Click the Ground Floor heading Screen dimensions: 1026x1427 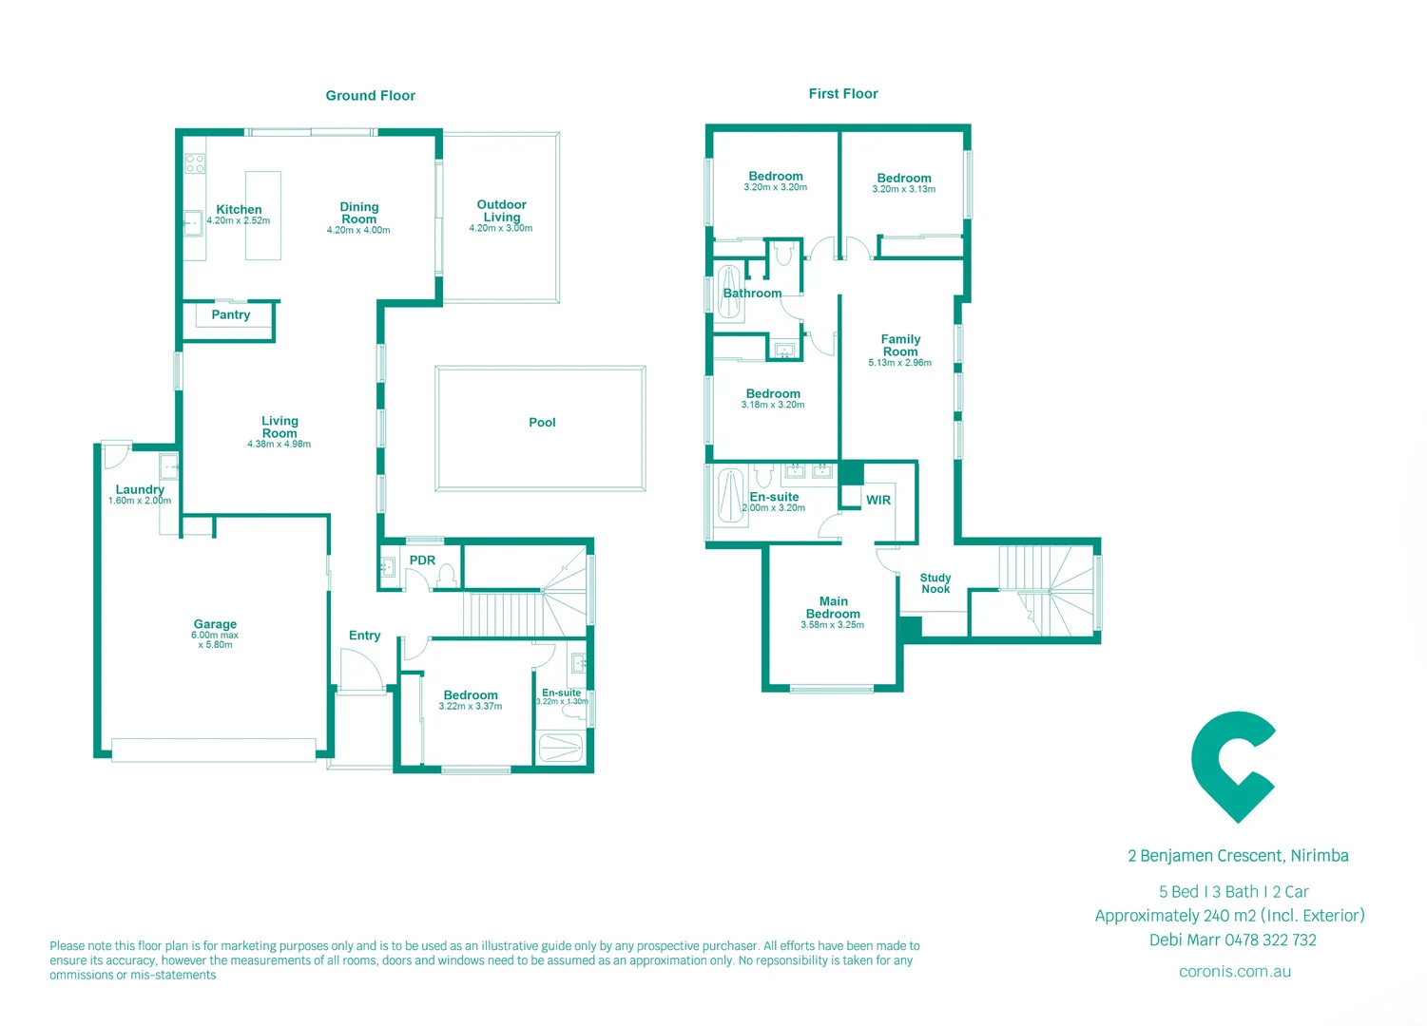pyautogui.click(x=370, y=96)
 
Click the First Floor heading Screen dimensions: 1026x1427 pyautogui.click(x=842, y=94)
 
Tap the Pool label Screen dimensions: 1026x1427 pyautogui.click(x=542, y=423)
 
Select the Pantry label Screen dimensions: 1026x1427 pyautogui.click(x=231, y=315)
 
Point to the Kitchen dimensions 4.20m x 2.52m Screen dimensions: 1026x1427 pyautogui.click(x=239, y=221)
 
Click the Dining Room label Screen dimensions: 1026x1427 pyautogui.click(x=358, y=213)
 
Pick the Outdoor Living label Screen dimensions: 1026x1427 pyautogui.click(x=501, y=211)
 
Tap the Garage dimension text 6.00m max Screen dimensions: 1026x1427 pyautogui.click(x=215, y=636)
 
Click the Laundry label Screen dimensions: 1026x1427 pyautogui.click(x=140, y=490)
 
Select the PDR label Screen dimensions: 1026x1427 pyautogui.click(x=422, y=560)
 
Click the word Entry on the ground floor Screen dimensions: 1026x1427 pyautogui.click(x=364, y=636)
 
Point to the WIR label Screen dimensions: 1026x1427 pyautogui.click(x=878, y=501)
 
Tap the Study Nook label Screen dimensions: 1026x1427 pyautogui.click(x=935, y=583)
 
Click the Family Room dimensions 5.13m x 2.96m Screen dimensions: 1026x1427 pyautogui.click(x=899, y=363)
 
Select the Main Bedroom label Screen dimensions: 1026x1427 pyautogui.click(x=833, y=608)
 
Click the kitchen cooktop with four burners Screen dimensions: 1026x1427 pyautogui.click(x=195, y=163)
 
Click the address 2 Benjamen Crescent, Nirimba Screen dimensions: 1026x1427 pyautogui.click(x=1238, y=856)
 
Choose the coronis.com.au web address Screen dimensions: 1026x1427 pyautogui.click(x=1234, y=972)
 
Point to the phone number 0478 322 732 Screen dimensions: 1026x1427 pyautogui.click(x=1270, y=940)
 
